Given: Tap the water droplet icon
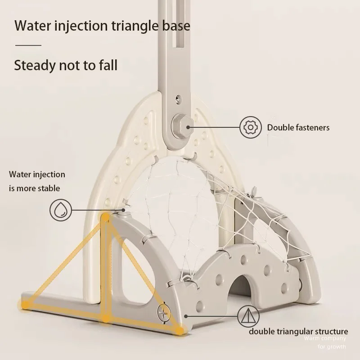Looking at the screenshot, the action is pyautogui.click(x=60, y=210).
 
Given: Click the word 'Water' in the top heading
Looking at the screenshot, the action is pyautogui.click(x=33, y=25).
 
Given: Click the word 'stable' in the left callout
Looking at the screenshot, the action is pyautogui.click(x=49, y=188).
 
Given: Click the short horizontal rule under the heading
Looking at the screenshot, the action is pyautogui.click(x=28, y=45).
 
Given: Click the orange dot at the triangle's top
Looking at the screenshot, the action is pyautogui.click(x=105, y=218).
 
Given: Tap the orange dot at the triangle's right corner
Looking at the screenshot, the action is pyautogui.click(x=180, y=331).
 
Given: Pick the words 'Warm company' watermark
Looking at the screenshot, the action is pyautogui.click(x=325, y=338).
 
